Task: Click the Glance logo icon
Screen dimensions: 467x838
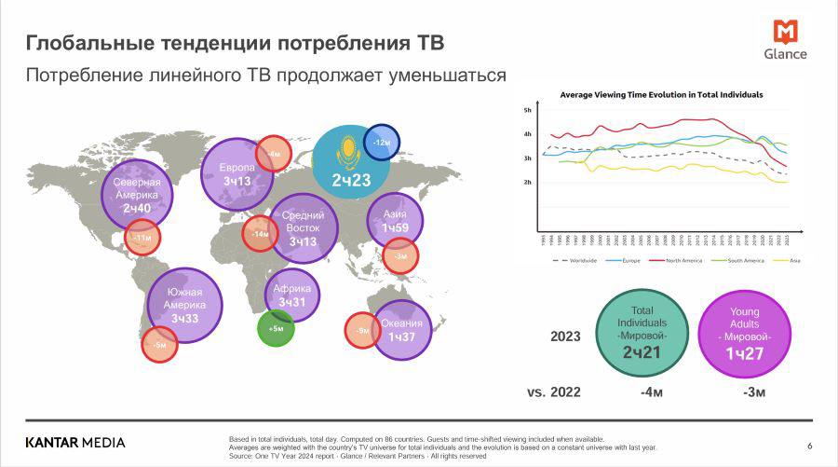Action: coord(786,32)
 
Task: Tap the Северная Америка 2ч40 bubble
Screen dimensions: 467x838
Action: coord(137,195)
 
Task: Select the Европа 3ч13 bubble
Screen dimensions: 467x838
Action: coord(237,173)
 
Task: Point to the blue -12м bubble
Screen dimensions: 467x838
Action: coord(381,143)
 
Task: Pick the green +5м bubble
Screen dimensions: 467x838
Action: coord(276,328)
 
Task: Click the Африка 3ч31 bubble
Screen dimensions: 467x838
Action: coord(292,295)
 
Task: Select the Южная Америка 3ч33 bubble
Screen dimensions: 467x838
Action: coord(183,304)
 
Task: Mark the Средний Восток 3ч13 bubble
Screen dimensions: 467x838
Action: coord(303,228)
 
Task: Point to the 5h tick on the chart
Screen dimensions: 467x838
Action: coord(527,110)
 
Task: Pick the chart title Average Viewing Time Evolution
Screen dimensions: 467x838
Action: coord(661,95)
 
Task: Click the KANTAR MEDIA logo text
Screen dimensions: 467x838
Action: coord(74,442)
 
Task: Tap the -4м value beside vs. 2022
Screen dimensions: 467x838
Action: coord(650,391)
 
